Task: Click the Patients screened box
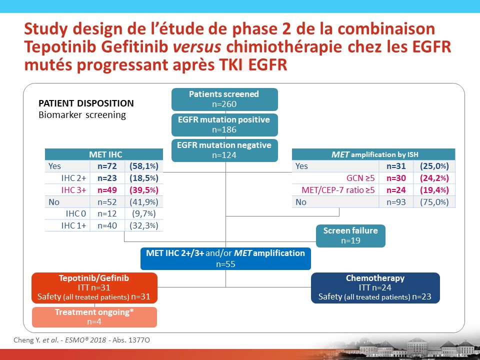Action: pos(224,99)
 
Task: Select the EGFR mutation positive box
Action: pos(224,125)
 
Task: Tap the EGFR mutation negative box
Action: pos(224,150)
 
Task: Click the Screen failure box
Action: pos(350,235)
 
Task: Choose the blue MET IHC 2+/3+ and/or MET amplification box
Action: pos(225,258)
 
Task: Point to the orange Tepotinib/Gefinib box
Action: pos(94,288)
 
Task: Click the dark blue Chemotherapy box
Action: pos(375,288)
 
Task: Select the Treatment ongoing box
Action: pos(94,317)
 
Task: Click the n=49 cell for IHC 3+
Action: pos(107,190)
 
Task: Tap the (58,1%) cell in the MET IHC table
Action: pos(144,166)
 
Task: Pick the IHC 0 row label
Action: pos(76,213)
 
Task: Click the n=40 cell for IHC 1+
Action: pos(107,225)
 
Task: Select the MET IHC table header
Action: pos(104,154)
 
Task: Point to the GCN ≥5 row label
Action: pos(360,178)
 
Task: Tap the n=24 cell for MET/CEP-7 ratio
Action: pos(396,190)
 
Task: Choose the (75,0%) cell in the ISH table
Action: pos(434,202)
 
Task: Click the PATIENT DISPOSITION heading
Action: pos(86,103)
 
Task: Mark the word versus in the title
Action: pos(197,46)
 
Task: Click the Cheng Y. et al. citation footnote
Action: pos(81,340)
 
